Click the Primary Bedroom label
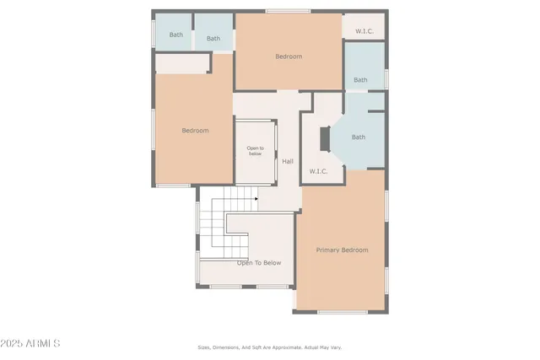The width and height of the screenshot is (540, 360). point(342,250)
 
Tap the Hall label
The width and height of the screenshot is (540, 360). point(288,161)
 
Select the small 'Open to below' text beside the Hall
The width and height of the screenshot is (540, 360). point(255,152)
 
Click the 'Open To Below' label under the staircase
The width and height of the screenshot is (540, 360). point(259,263)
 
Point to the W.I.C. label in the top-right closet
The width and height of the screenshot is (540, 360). point(364,31)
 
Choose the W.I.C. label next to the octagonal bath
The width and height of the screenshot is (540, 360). point(318,171)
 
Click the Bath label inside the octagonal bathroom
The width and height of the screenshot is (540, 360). point(359,137)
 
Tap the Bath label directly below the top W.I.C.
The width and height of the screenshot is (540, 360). point(360,80)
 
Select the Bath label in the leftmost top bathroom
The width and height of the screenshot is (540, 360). point(175,35)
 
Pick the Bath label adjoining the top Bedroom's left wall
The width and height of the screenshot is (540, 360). point(213,38)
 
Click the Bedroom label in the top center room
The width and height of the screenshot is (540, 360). point(289,56)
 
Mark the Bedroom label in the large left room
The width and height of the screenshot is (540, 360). point(195,131)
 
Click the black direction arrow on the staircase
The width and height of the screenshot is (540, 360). point(256,200)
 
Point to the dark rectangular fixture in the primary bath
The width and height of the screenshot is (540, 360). point(322,139)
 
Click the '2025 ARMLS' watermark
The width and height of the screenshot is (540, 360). point(31,344)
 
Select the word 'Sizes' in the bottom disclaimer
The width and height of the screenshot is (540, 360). point(204,347)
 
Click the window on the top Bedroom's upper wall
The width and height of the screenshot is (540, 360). point(282,11)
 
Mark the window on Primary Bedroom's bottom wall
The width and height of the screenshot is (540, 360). point(342,312)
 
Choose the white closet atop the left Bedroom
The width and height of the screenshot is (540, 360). point(181,63)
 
